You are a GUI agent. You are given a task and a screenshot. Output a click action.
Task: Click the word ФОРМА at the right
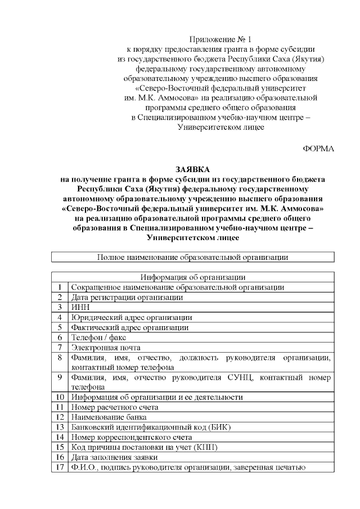[318, 148]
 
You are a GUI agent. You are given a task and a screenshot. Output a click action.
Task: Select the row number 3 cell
[60, 307]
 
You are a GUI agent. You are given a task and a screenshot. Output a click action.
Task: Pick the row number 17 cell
[60, 467]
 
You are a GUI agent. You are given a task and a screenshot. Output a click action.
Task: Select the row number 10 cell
[60, 397]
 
